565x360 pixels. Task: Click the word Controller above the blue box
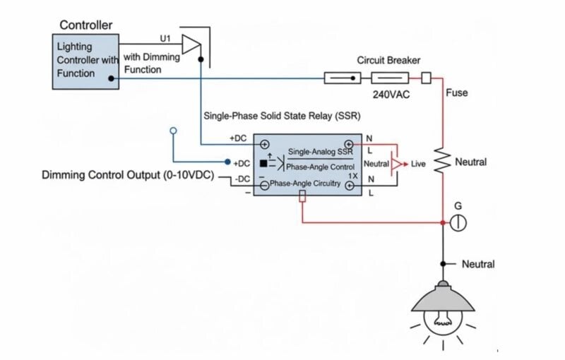[85, 25]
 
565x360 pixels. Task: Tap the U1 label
[166, 37]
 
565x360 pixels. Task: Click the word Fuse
[456, 92]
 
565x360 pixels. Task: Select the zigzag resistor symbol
[442, 162]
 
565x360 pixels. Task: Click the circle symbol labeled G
[458, 223]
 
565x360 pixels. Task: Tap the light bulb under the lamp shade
[443, 322]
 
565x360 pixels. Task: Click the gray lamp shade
[443, 299]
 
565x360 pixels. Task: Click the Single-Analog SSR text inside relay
[320, 152]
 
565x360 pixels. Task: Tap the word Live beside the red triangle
[418, 164]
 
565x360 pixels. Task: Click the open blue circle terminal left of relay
[174, 131]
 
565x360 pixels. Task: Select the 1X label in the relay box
[352, 175]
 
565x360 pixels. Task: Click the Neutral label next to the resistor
[470, 162]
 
